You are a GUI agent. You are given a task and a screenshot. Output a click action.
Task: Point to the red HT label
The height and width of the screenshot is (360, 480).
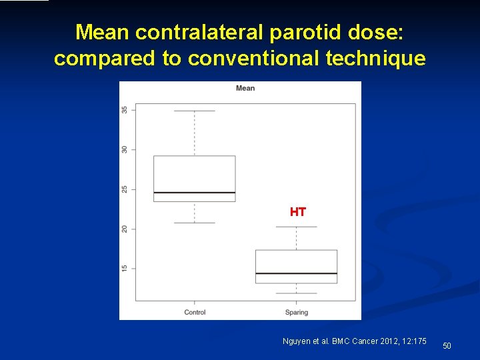297,213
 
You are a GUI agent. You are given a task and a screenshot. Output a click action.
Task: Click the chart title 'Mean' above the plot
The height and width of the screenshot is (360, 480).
245,89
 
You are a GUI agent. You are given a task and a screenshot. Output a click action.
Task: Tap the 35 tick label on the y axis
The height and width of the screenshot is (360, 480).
125,110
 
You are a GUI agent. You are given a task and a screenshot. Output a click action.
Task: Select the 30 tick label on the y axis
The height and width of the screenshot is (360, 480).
125,149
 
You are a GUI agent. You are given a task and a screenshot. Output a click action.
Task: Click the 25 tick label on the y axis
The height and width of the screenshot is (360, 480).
125,189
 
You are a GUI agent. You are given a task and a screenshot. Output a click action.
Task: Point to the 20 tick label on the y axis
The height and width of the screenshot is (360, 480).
125,229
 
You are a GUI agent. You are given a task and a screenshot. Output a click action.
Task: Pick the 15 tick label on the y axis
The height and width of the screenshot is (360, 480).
125,268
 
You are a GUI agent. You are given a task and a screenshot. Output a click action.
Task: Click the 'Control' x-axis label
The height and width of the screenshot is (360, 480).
195,312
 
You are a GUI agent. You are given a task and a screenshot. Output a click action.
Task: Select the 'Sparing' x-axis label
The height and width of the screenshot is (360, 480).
296,312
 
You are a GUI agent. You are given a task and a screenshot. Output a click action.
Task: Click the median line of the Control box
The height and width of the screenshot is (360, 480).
195,193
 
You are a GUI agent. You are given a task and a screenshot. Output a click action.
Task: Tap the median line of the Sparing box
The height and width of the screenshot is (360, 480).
296,273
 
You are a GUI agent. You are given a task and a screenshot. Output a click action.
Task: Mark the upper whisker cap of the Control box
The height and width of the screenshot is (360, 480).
195,111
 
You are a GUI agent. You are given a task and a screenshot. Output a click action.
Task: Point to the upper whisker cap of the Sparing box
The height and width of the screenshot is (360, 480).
296,227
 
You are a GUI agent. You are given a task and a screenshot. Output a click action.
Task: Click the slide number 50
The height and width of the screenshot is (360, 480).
447,345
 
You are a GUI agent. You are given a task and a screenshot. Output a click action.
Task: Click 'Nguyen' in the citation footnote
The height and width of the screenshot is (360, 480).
297,341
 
